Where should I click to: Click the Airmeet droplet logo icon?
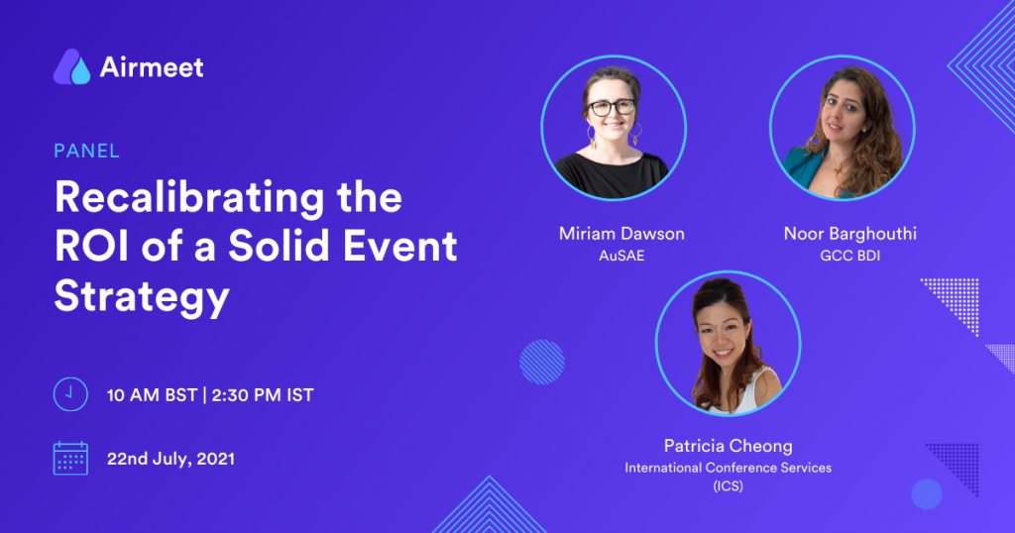pyautogui.click(x=71, y=66)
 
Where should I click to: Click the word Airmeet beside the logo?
pyautogui.click(x=152, y=67)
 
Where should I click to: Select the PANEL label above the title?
pyautogui.click(x=87, y=151)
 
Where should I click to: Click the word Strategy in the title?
pyautogui.click(x=142, y=296)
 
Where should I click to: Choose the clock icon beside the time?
pyautogui.click(x=70, y=394)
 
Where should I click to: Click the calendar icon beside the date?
pyautogui.click(x=70, y=458)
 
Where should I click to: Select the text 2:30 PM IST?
pyautogui.click(x=263, y=395)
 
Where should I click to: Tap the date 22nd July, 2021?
pyautogui.click(x=170, y=459)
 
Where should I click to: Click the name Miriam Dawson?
pyautogui.click(x=621, y=234)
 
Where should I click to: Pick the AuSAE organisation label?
pyautogui.click(x=621, y=256)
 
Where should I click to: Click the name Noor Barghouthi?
pyautogui.click(x=849, y=234)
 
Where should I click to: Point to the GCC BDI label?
pyautogui.click(x=849, y=256)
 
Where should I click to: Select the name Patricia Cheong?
pyautogui.click(x=729, y=446)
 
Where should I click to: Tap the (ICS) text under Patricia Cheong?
pyautogui.click(x=729, y=485)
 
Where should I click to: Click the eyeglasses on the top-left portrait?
pyautogui.click(x=612, y=107)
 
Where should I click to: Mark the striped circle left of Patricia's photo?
pyautogui.click(x=542, y=363)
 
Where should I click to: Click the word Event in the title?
pyautogui.click(x=400, y=247)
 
